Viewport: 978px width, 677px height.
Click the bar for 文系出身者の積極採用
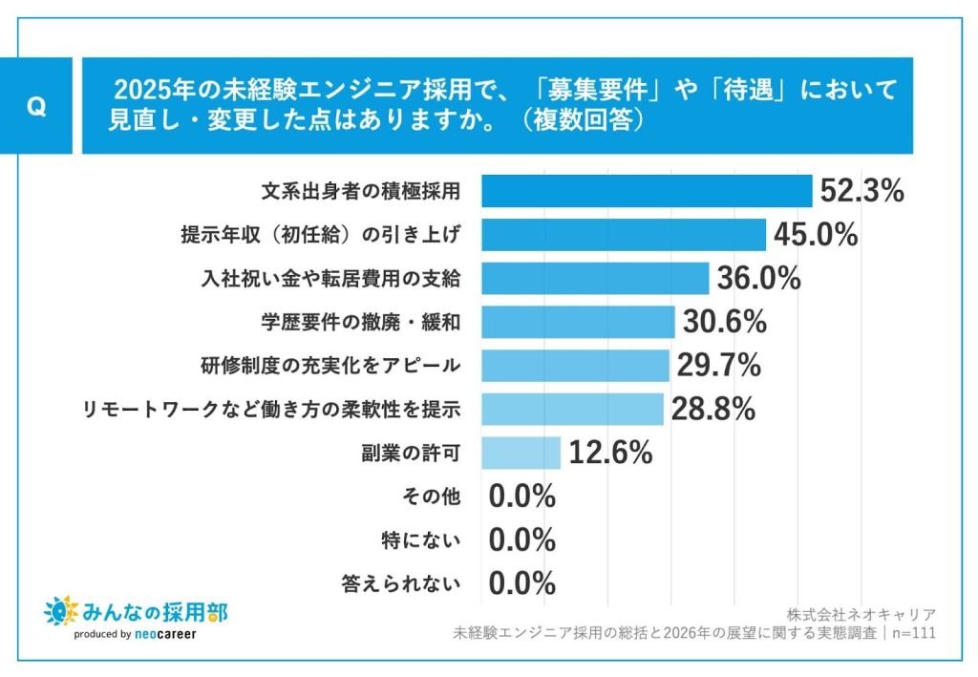646,191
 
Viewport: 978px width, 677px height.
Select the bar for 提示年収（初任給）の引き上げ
623,235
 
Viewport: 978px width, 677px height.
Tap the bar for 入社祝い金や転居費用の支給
594,279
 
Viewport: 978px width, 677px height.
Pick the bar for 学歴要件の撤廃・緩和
577,322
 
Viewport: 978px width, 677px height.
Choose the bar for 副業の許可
521,453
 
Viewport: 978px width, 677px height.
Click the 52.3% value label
861,191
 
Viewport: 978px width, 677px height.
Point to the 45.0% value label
816,235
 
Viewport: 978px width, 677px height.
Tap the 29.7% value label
718,366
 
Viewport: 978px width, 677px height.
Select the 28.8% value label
713,410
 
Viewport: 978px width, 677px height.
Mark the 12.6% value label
610,453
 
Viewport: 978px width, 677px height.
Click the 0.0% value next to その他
521,497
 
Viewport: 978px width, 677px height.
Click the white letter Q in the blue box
36,107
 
